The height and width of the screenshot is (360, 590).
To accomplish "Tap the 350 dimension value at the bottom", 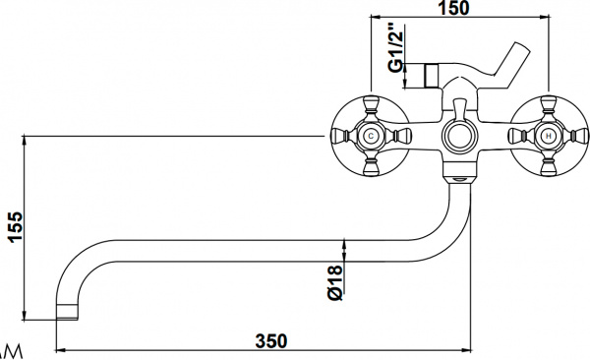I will point(271,340).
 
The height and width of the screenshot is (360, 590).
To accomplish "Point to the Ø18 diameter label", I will point(335,280).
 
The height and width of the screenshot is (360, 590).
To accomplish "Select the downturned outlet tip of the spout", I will point(66,313).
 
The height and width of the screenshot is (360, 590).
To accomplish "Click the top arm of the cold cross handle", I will point(372,106).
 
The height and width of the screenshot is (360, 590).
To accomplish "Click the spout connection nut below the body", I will point(459,178).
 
